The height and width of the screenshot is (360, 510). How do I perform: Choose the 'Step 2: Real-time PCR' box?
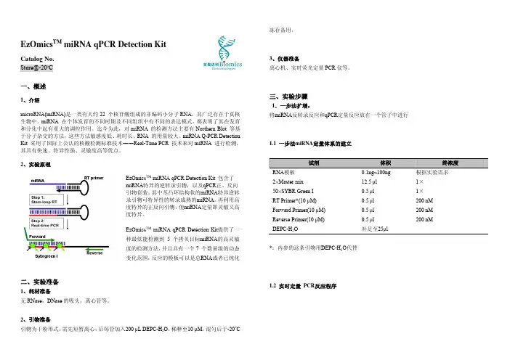point(46,221)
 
